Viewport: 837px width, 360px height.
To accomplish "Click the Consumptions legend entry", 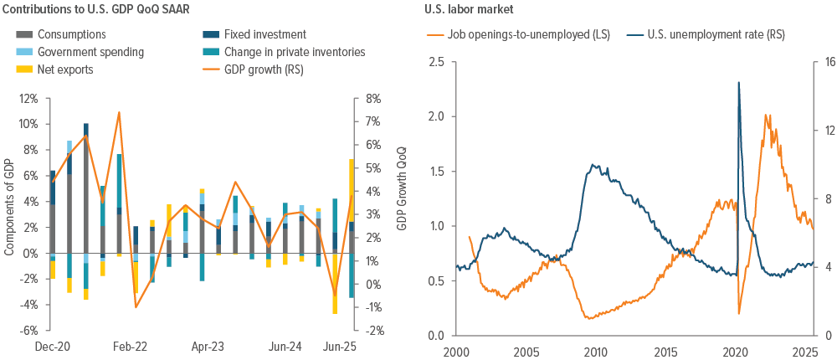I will click(72, 34).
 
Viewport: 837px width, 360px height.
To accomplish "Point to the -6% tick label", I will click(28, 330).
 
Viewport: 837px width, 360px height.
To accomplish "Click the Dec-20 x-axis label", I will click(54, 346).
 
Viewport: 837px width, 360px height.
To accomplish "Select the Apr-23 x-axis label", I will click(208, 346).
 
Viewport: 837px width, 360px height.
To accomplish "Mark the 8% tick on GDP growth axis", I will click(370, 98).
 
